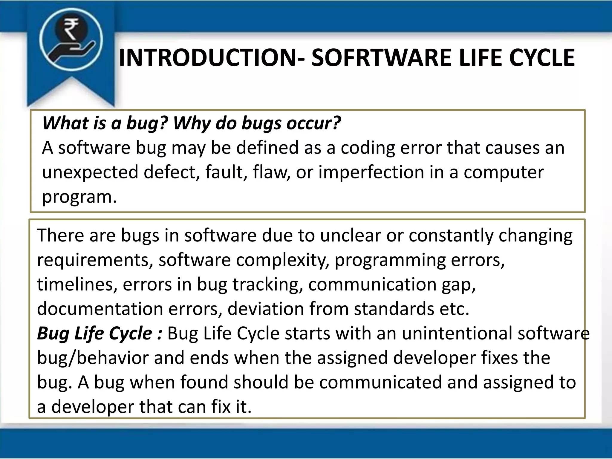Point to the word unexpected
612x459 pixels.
[x=90, y=173]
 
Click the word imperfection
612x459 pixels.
[x=371, y=173]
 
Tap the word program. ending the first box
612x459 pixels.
[x=79, y=197]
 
